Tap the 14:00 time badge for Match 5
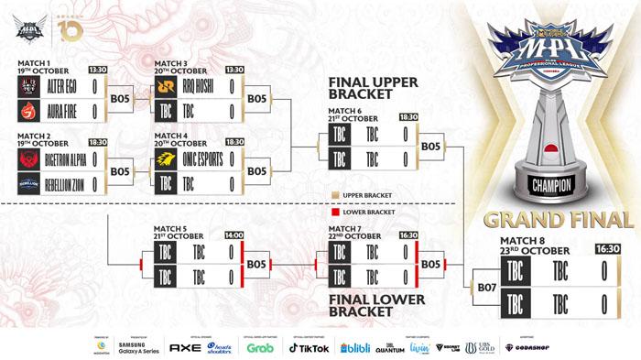point(233,235)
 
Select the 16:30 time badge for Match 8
point(607,247)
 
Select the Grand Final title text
point(560,221)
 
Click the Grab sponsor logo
point(261,347)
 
